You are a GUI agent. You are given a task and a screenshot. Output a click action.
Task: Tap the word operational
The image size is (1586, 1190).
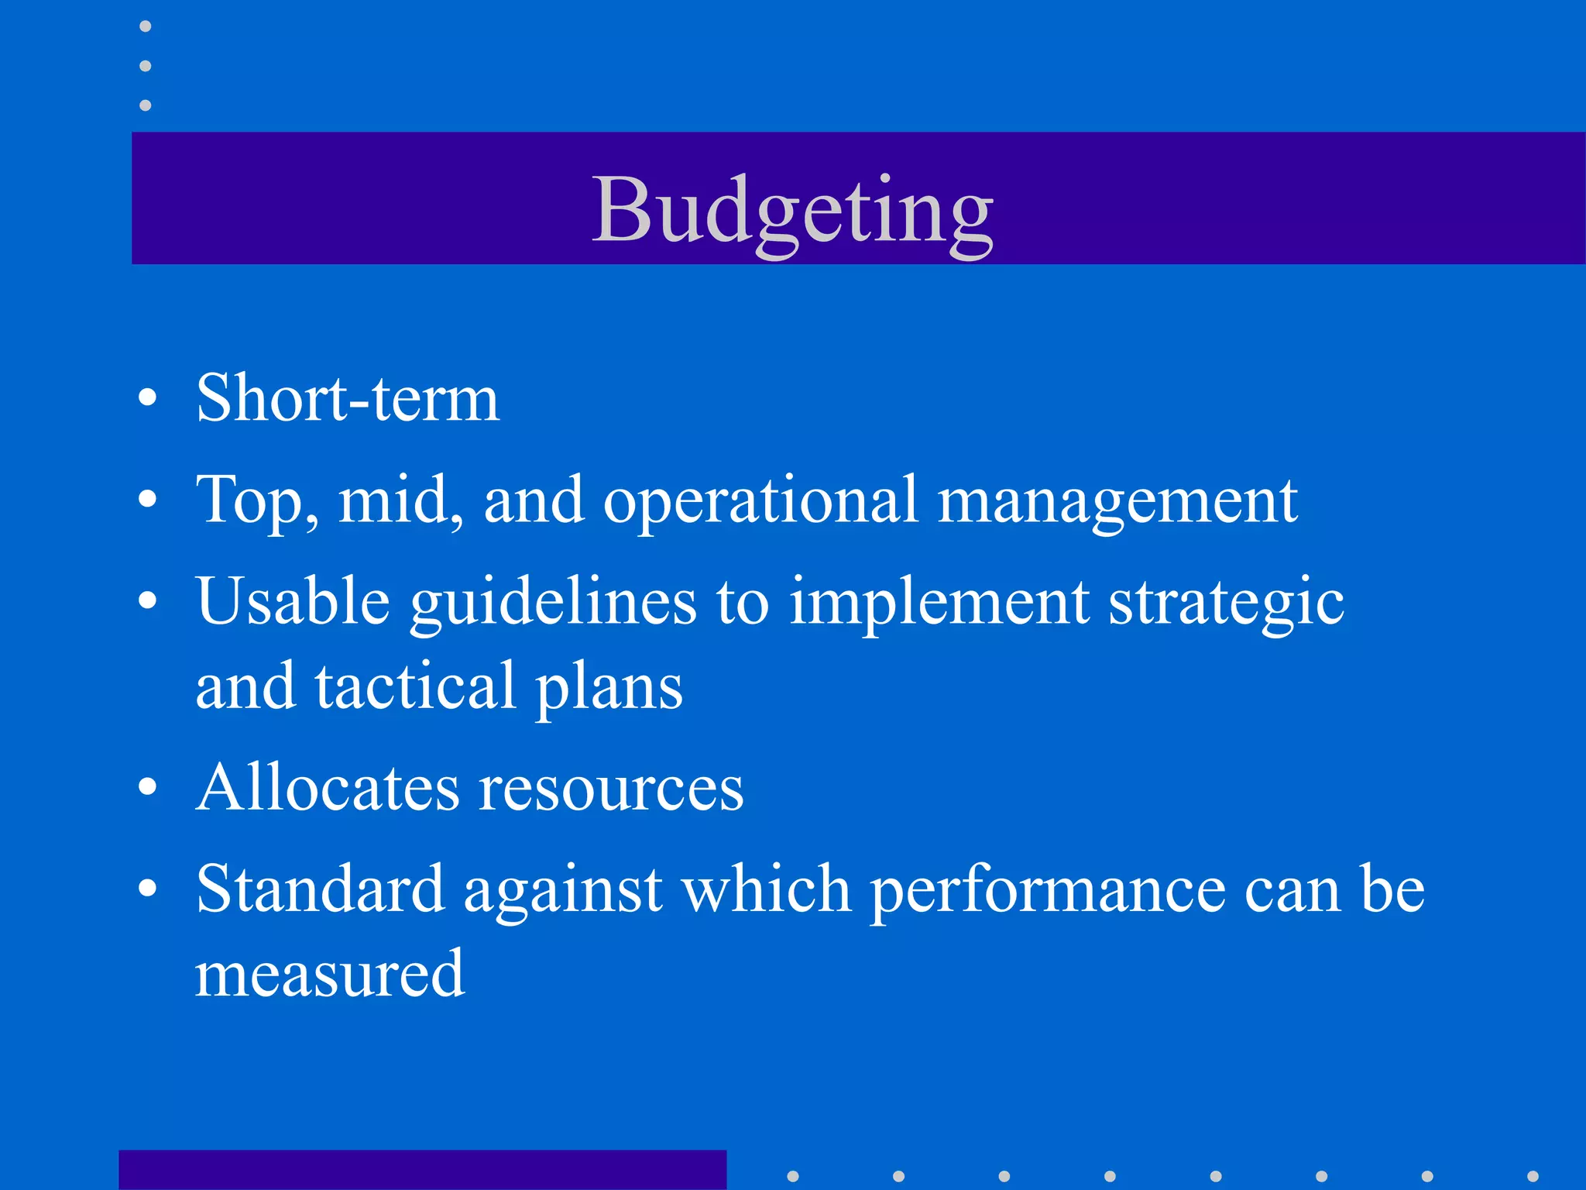760,501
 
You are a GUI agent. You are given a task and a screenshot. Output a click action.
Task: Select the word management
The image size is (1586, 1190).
1117,501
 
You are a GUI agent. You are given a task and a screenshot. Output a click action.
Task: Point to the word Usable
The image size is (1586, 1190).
293,601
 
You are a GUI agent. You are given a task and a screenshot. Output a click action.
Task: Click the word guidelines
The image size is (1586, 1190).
553,603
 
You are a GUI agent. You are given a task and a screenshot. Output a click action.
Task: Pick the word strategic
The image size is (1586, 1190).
1226,603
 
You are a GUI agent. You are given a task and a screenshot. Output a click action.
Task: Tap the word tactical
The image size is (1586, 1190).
415,686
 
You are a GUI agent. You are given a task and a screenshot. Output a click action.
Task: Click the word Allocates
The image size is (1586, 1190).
328,788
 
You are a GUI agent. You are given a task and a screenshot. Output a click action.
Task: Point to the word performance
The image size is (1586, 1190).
1048,891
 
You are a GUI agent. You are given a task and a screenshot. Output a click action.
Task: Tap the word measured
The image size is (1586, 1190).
329,974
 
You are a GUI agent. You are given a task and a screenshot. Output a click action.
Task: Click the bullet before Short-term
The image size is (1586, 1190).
147,399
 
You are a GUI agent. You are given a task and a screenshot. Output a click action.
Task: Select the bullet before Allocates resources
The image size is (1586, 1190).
147,788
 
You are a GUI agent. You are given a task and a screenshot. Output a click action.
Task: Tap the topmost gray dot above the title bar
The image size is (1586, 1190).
145,26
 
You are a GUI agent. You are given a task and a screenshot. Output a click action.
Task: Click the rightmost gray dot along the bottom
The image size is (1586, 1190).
1532,1176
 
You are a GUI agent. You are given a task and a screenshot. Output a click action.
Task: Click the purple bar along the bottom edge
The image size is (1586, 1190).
422,1170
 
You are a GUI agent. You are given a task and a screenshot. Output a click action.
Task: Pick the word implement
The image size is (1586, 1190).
939,603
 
